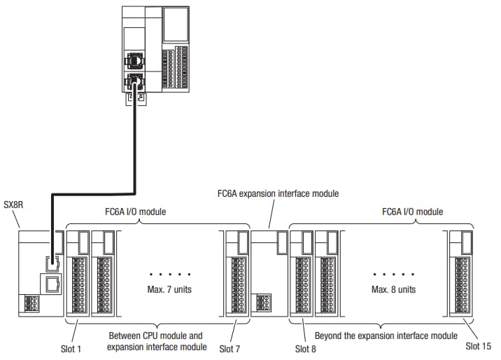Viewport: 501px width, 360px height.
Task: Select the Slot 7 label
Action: pos(232,348)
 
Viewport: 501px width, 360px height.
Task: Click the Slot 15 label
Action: pos(479,345)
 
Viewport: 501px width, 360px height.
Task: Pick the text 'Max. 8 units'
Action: pos(394,289)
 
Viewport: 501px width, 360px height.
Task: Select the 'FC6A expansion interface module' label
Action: pos(278,193)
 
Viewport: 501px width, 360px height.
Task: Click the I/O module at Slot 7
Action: pos(237,273)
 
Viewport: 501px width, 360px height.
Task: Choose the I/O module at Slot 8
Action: pos(302,273)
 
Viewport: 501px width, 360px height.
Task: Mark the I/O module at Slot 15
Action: pos(461,273)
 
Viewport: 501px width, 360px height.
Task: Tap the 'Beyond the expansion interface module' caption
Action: pos(386,335)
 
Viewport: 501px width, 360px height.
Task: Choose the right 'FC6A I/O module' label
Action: pos(412,211)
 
